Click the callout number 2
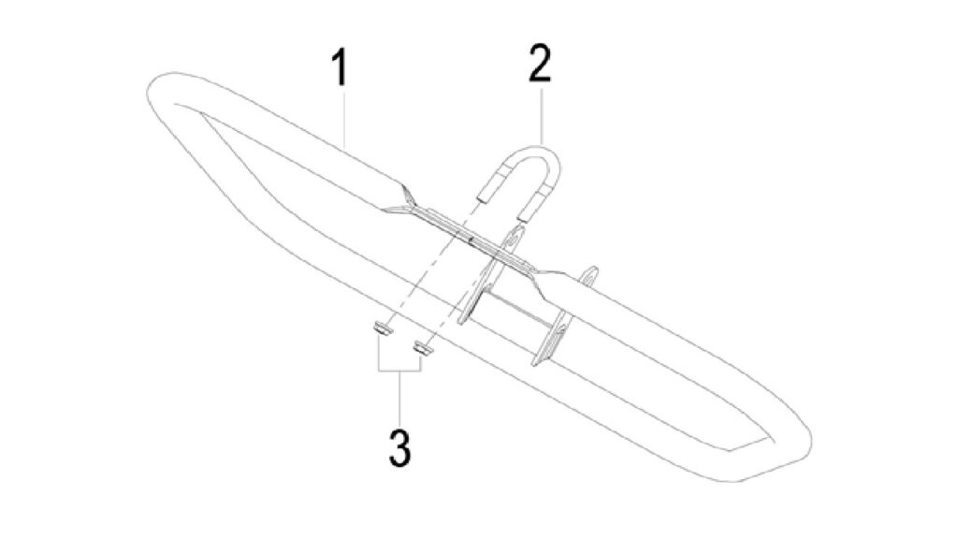tap(540, 64)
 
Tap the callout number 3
tap(399, 448)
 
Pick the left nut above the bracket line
tap(382, 329)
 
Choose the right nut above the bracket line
tap(423, 348)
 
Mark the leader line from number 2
tap(542, 113)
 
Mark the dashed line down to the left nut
tap(429, 265)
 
